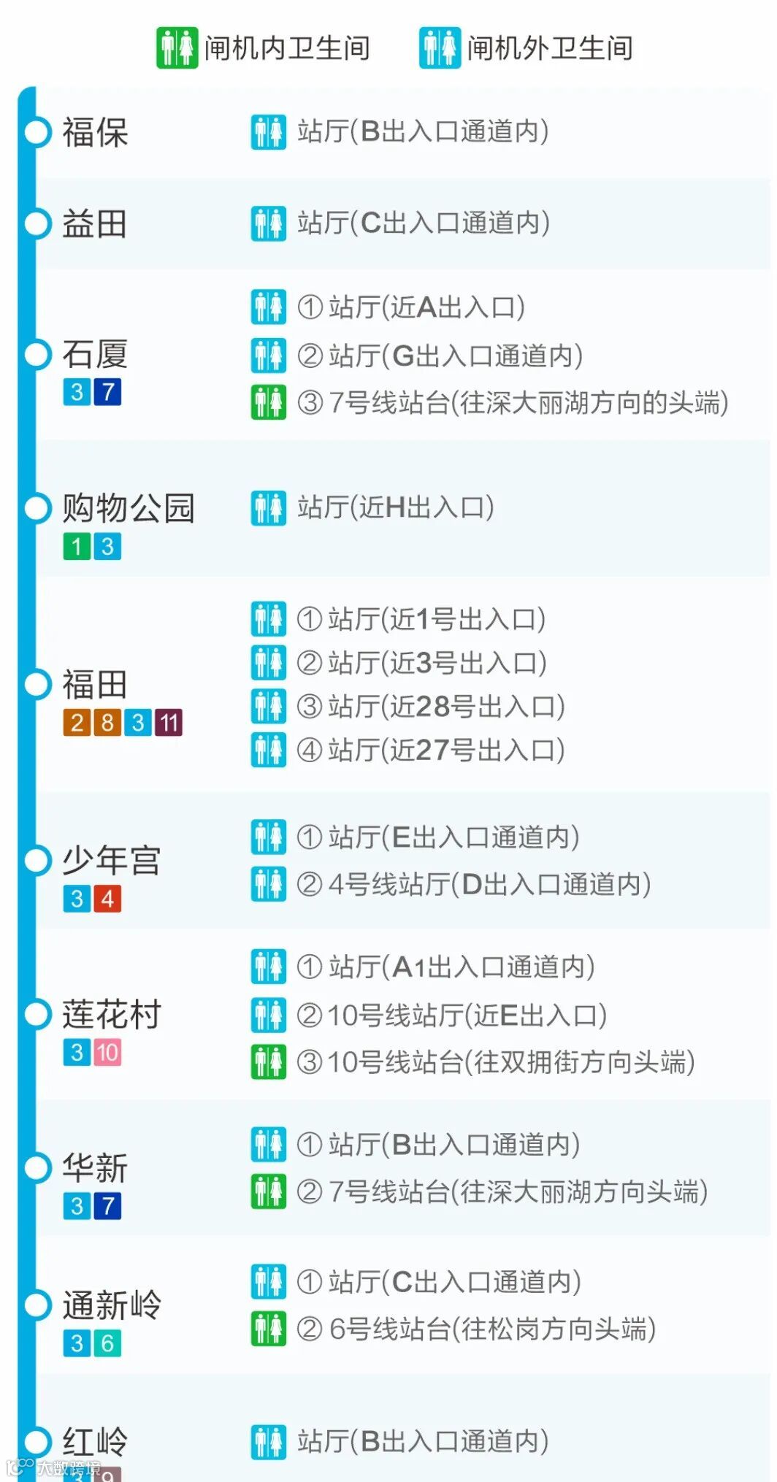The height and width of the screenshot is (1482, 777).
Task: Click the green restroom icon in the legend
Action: [177, 48]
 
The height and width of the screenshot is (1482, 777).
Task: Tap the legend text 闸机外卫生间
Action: [550, 48]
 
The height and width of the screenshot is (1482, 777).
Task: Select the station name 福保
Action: [95, 132]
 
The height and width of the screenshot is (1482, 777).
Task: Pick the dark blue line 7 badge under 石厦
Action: [107, 392]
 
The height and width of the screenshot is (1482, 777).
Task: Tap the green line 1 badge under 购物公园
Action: [77, 546]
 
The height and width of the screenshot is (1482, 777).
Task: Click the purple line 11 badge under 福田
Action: [168, 723]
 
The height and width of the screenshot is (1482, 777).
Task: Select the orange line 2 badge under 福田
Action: [77, 723]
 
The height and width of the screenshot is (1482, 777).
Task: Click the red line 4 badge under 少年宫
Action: [107, 899]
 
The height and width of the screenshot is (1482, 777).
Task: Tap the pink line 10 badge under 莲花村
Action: [107, 1053]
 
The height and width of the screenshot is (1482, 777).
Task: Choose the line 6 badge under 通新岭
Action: [107, 1343]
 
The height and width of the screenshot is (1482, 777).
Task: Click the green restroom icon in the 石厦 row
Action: [268, 402]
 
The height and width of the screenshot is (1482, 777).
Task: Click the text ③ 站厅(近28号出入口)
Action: [431, 706]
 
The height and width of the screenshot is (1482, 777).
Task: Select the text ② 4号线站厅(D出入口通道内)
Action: [473, 884]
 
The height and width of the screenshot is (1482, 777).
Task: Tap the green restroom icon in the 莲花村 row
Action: [268, 1062]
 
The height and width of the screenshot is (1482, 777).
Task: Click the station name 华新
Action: [95, 1168]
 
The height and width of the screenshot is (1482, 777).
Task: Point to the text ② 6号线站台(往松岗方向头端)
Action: [476, 1329]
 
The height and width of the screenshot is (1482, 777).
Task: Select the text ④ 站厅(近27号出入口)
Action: [431, 750]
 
